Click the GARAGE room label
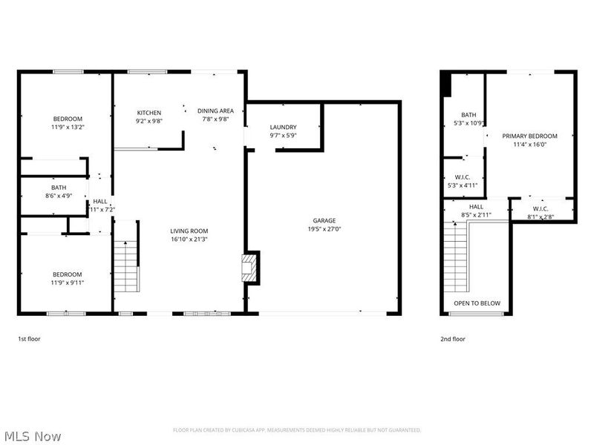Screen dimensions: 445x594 pyautogui.click(x=324, y=220)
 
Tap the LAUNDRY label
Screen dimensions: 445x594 pyautogui.click(x=283, y=127)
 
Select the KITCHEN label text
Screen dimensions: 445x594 pyautogui.click(x=148, y=112)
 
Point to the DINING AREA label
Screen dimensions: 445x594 pyautogui.click(x=215, y=111)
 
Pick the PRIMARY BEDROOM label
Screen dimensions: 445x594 pyautogui.click(x=529, y=136)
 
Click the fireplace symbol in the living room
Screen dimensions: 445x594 pyautogui.click(x=252, y=268)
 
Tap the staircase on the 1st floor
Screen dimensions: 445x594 pyautogui.click(x=126, y=267)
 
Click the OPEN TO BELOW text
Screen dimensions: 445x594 pyautogui.click(x=477, y=303)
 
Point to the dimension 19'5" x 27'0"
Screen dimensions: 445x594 pyautogui.click(x=324, y=229)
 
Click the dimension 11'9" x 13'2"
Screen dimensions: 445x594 pyautogui.click(x=67, y=127)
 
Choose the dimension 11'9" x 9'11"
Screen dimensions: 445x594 pyautogui.click(x=67, y=283)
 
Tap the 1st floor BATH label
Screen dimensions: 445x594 pyautogui.click(x=58, y=188)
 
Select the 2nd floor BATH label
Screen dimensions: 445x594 pyautogui.click(x=469, y=115)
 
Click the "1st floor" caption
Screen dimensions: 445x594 pyautogui.click(x=30, y=339)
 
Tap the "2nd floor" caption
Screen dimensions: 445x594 pyautogui.click(x=453, y=339)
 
